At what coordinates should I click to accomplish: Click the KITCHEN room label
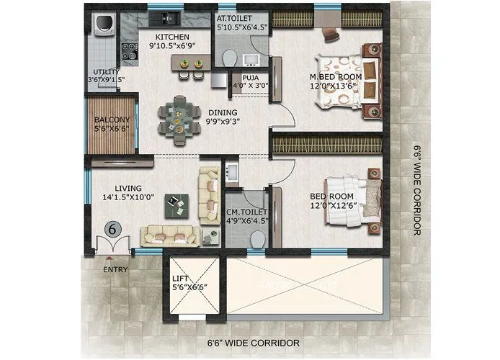coord(173,37)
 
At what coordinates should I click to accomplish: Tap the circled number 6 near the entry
coord(112,229)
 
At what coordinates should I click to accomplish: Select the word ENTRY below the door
coord(115,270)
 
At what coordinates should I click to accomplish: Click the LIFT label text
coord(181,278)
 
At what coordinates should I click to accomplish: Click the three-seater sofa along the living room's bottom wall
coord(169,235)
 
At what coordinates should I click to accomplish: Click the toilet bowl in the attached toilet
coord(228,58)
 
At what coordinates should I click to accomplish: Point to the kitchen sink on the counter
coord(168,17)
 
